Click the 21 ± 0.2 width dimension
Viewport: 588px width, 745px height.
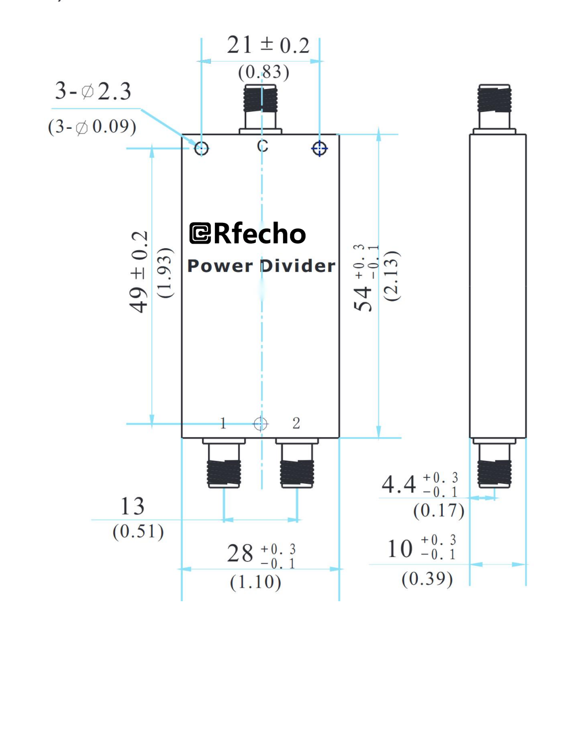click(268, 45)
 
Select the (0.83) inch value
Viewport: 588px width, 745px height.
click(263, 72)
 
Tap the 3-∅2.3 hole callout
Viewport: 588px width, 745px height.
click(93, 92)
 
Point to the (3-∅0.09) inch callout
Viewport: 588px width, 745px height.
click(92, 127)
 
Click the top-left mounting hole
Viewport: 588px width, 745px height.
click(201, 148)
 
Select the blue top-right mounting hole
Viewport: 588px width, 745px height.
click(319, 148)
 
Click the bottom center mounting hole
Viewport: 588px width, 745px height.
click(261, 424)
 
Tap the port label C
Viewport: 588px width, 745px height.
click(263, 146)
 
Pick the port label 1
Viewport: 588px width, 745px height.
click(223, 423)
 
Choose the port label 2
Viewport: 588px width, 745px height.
click(296, 423)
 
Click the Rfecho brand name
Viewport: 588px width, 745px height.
click(259, 234)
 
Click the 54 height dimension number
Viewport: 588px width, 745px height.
click(363, 298)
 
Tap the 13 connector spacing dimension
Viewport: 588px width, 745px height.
click(132, 506)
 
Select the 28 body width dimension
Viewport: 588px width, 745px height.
click(240, 554)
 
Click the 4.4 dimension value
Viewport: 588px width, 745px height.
click(398, 484)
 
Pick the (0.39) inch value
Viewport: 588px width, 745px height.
click(427, 578)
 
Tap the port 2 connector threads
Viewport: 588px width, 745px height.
click(297, 473)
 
